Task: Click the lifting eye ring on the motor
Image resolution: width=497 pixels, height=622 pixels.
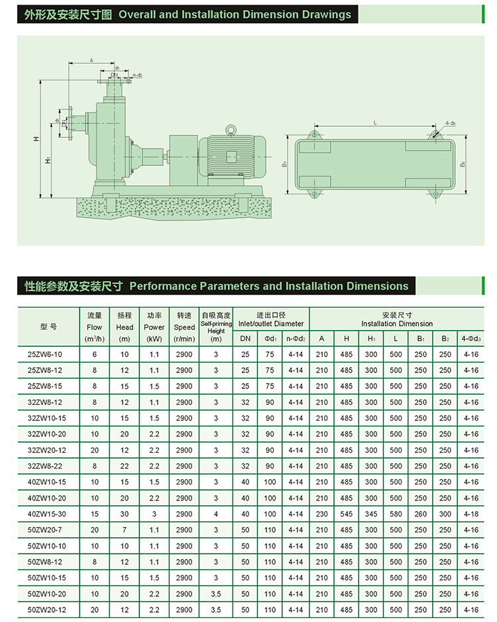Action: tap(231, 130)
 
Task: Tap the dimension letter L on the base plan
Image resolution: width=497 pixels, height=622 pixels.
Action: tap(375, 123)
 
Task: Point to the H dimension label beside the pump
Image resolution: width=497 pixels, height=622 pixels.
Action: tap(36, 139)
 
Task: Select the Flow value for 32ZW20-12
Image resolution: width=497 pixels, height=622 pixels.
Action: tap(94, 450)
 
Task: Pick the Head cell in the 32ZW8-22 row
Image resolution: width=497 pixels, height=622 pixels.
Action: tap(125, 466)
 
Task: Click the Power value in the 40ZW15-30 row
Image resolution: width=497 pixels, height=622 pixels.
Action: tap(154, 514)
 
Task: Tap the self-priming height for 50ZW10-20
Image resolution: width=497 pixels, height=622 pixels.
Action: tap(216, 593)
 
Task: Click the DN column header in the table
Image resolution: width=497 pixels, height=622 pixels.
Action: tap(245, 339)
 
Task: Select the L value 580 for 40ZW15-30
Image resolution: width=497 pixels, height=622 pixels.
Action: tap(396, 514)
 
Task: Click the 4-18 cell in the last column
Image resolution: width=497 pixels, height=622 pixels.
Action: tap(471, 514)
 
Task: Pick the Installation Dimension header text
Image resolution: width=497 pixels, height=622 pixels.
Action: tap(397, 323)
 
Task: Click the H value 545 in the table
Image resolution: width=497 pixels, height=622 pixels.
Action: tap(346, 514)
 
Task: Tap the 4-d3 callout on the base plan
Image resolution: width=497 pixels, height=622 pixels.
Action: tap(450, 123)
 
